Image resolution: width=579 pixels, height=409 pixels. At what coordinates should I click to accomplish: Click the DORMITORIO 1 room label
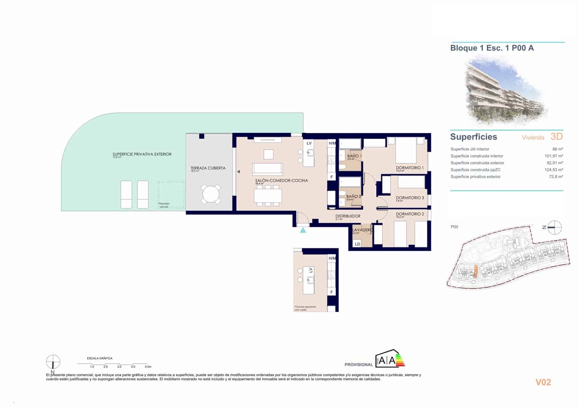point(409,168)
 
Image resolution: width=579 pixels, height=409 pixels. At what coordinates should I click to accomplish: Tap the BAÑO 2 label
point(354,197)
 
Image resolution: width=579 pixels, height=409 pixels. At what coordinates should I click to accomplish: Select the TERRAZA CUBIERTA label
point(208,168)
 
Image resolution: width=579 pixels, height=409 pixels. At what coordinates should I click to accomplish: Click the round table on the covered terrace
point(211,194)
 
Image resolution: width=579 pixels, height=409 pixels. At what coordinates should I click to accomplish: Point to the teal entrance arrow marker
point(303,230)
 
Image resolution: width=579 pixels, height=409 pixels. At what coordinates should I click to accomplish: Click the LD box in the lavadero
point(358,244)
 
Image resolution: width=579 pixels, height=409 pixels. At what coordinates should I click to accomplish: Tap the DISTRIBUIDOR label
point(347,216)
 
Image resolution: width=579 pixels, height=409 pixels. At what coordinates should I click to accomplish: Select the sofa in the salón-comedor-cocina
point(267,169)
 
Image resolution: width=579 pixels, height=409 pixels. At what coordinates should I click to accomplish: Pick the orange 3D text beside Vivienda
point(557,137)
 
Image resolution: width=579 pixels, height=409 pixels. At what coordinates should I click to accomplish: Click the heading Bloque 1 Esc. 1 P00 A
point(492,48)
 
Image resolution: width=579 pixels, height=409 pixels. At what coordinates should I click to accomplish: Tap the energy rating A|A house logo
point(387,359)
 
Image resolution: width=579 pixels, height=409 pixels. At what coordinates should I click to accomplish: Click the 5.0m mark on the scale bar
point(148,367)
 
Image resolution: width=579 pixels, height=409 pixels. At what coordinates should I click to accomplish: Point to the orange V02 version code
point(543,382)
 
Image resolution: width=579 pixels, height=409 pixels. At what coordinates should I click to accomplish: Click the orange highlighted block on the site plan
point(476,271)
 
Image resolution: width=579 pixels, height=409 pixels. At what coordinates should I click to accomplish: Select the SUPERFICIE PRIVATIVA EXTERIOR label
point(142,154)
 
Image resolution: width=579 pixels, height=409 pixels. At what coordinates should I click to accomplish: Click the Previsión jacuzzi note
point(164,205)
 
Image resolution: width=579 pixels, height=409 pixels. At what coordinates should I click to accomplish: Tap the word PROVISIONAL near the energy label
point(358,365)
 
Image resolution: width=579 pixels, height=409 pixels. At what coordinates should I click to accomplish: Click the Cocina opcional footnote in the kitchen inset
point(305,308)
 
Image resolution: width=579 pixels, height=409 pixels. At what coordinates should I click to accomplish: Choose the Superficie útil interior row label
point(470,149)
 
